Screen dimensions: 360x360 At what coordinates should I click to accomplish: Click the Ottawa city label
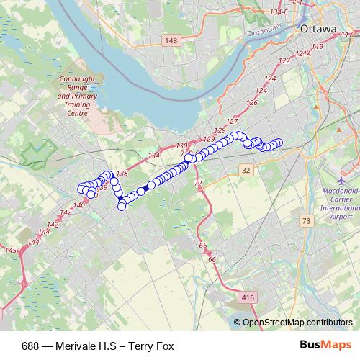(317, 29)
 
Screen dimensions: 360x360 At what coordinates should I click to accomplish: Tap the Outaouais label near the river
(266, 32)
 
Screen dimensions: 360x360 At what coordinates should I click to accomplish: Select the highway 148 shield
(170, 40)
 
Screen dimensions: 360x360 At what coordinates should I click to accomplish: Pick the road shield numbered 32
(246, 170)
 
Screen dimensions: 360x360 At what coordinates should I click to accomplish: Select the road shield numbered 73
(307, 221)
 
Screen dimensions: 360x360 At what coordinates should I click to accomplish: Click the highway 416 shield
(248, 297)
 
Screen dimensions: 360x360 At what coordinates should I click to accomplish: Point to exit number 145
(10, 250)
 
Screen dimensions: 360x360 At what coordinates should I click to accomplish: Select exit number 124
(271, 78)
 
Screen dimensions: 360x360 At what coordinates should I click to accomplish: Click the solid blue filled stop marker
(146, 189)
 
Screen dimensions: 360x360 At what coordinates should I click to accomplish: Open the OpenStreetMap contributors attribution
(297, 323)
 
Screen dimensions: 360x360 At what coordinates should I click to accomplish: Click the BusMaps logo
(330, 346)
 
